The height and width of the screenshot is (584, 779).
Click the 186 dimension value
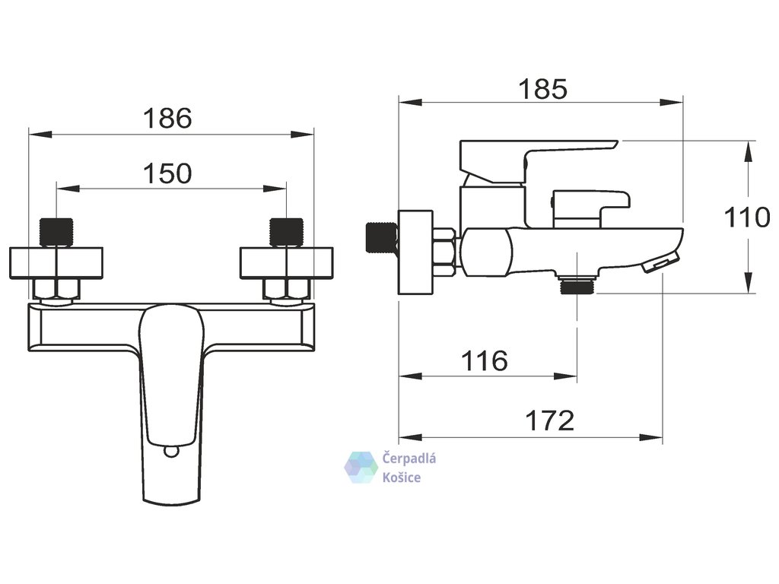coord(167,119)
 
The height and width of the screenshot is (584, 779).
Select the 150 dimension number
coord(167,174)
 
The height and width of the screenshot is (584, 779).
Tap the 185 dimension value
coord(542,90)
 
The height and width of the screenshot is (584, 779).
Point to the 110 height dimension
coord(747,217)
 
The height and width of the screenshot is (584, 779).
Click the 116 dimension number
coord(485,360)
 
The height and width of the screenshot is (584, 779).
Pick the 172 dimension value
coord(549,421)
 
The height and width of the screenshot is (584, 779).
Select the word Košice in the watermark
coord(401,478)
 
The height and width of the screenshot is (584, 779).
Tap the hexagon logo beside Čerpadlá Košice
coord(361,468)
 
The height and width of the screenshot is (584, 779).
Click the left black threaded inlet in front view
coord(56,233)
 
